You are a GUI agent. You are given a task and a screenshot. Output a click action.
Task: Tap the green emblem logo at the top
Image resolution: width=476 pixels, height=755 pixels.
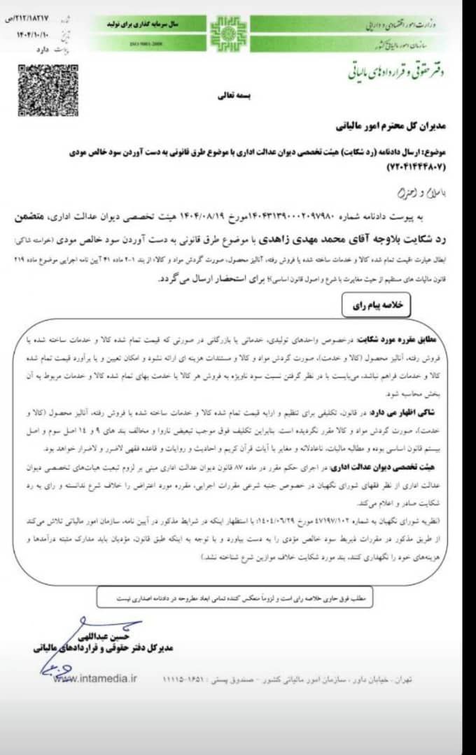(229, 32)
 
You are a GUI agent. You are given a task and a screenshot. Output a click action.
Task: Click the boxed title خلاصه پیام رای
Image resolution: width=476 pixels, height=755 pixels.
(376, 306)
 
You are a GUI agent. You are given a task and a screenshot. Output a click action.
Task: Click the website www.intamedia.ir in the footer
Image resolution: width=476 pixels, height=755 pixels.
(96, 677)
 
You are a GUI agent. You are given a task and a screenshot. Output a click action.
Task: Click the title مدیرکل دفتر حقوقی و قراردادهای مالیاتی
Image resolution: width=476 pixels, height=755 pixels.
(102, 648)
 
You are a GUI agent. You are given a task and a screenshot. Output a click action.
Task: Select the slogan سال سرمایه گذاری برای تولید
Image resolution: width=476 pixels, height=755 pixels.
(146, 24)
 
